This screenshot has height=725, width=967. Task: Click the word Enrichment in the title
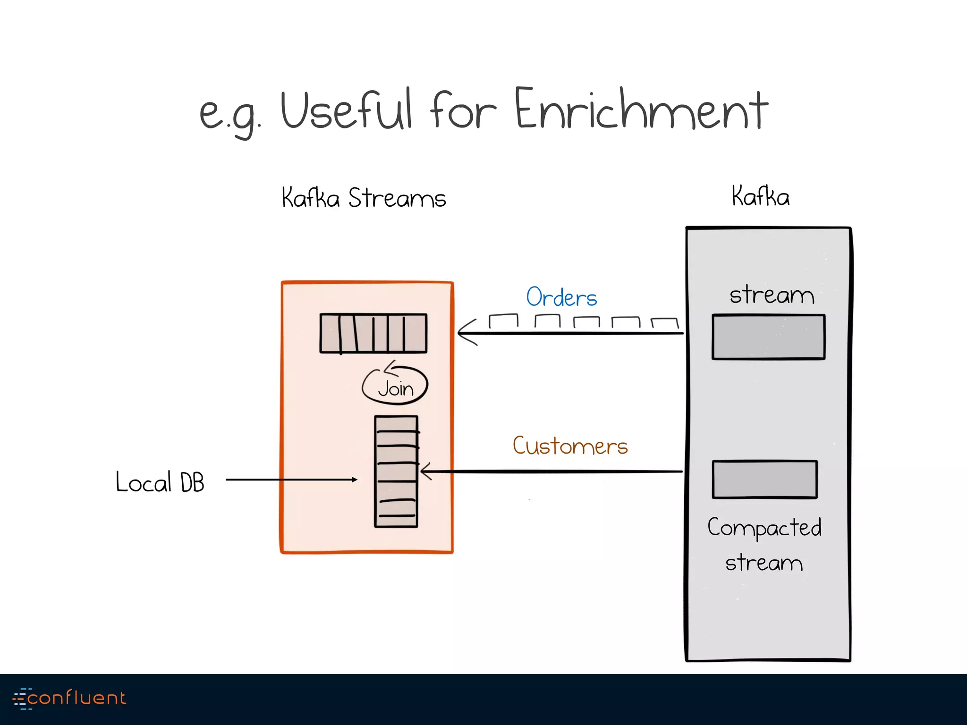coord(641,110)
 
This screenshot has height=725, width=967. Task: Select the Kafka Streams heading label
coord(364,198)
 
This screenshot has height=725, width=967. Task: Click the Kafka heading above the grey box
coord(760,196)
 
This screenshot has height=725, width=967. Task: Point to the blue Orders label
coord(561,297)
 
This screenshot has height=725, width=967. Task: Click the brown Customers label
coord(570,446)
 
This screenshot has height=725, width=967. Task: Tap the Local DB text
coord(160,482)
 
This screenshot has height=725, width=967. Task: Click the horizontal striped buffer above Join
coord(373,333)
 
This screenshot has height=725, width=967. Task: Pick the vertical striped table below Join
coord(396,471)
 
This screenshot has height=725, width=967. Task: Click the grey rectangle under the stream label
coord(768,337)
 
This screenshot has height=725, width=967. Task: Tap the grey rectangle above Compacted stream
coord(764,480)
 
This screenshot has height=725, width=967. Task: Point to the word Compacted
coord(764,528)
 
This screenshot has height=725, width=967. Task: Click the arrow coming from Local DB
coord(291,480)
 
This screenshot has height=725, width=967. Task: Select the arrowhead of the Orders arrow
coord(465,333)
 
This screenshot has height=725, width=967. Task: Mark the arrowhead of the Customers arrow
coord(425,471)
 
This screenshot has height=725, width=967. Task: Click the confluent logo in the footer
coord(69,698)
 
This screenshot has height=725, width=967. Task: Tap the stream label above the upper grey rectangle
coord(772,295)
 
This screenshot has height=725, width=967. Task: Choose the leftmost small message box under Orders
coord(503,320)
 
